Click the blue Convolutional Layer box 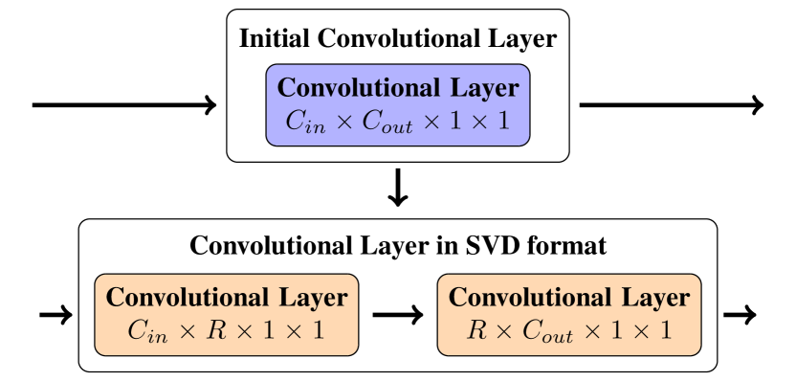tap(397, 104)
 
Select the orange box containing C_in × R tap(227, 314)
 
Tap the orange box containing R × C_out tap(569, 314)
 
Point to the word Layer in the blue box tap(484, 88)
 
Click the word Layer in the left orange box tap(313, 298)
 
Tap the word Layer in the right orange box tap(655, 298)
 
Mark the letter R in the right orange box tap(476, 331)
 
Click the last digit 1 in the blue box tap(502, 122)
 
